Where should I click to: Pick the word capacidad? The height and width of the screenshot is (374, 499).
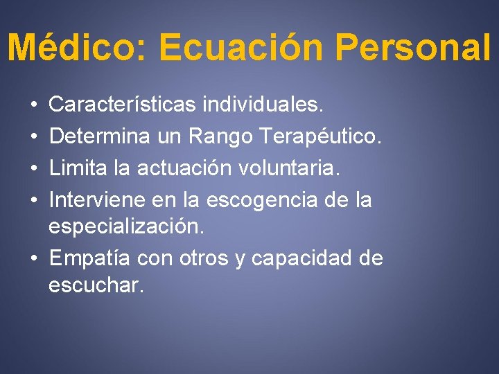(303, 258)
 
